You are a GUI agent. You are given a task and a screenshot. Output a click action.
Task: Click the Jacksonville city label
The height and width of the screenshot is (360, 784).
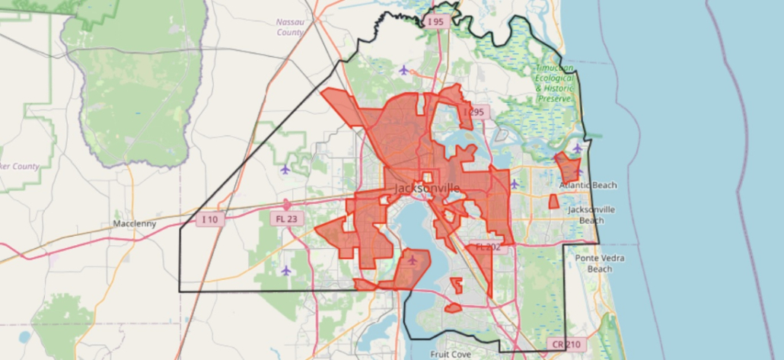pyautogui.click(x=427, y=188)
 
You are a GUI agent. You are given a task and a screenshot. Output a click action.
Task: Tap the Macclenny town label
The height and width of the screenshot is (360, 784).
pyautogui.click(x=134, y=224)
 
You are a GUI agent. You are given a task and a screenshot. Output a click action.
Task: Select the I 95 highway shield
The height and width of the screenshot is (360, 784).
pyautogui.click(x=435, y=22)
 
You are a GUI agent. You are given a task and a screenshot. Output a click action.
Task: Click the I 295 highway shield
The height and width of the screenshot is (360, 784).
pyautogui.click(x=474, y=113)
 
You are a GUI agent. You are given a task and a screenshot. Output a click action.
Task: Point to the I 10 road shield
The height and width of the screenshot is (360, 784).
pyautogui.click(x=211, y=219)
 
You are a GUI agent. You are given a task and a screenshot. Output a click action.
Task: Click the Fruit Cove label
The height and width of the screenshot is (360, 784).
pyautogui.click(x=450, y=354)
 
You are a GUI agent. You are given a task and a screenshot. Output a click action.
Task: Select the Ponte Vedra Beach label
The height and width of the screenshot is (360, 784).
pyautogui.click(x=599, y=263)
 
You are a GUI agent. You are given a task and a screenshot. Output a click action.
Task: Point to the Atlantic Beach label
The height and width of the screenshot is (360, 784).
pyautogui.click(x=588, y=186)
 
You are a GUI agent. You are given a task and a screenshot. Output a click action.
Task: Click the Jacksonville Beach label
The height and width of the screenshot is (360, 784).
pyautogui.click(x=591, y=215)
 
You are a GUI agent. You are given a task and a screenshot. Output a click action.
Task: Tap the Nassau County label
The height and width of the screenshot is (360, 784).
pyautogui.click(x=290, y=27)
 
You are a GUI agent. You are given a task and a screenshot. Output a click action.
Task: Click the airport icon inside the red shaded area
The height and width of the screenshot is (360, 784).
pyautogui.click(x=413, y=260)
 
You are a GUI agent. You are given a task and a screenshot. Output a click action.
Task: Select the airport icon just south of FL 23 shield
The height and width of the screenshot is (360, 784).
pyautogui.click(x=286, y=270)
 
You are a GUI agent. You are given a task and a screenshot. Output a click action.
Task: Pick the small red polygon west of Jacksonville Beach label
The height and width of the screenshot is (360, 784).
pyautogui.click(x=553, y=202)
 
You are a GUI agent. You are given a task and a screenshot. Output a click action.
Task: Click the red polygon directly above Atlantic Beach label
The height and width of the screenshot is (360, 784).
pyautogui.click(x=567, y=167)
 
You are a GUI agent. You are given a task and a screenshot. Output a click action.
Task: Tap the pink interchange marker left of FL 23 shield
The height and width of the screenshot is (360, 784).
pyautogui.click(x=286, y=205)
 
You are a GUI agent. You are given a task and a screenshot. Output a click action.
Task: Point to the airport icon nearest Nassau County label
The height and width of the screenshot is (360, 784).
pyautogui.click(x=403, y=70)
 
